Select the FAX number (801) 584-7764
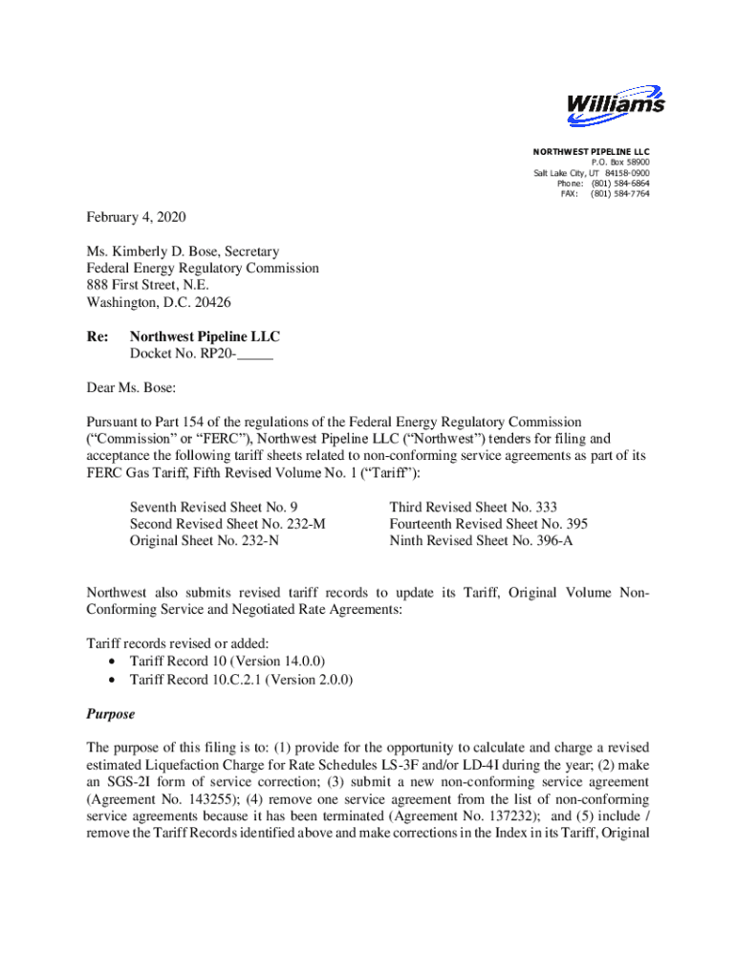619,194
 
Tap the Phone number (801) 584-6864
619,184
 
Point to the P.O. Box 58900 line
618,163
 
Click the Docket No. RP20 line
201,354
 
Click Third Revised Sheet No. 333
473,507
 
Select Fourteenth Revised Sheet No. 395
488,524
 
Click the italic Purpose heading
111,714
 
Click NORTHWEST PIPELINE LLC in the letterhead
591,152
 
